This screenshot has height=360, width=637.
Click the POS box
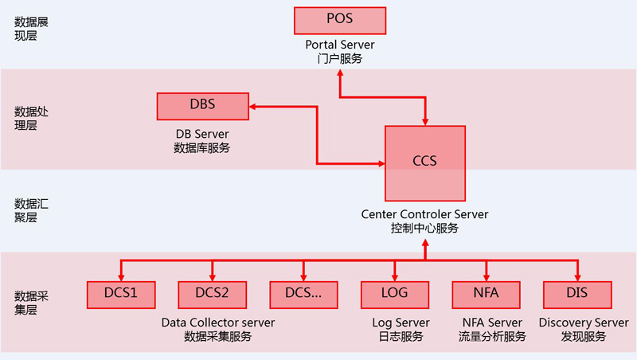(x=340, y=20)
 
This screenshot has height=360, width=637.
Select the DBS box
(x=202, y=104)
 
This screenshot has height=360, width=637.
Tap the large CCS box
(x=424, y=162)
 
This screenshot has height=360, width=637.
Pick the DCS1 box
(x=121, y=294)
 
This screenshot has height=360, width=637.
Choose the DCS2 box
(x=212, y=294)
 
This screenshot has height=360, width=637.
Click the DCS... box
(x=303, y=294)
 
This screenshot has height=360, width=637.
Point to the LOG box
(x=395, y=294)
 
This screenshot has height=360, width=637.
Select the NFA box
(x=486, y=294)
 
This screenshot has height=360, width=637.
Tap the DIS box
(x=577, y=294)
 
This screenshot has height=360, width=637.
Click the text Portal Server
(x=340, y=45)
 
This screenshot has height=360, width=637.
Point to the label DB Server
(x=202, y=133)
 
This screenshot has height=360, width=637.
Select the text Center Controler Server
(x=424, y=214)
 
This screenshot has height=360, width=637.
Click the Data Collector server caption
(x=217, y=323)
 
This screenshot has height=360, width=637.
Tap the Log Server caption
(x=401, y=323)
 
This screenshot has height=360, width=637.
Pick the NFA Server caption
(x=492, y=323)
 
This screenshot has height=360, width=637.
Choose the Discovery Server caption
(x=584, y=323)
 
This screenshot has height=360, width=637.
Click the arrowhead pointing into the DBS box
(x=253, y=104)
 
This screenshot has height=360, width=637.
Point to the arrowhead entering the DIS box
(x=577, y=276)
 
